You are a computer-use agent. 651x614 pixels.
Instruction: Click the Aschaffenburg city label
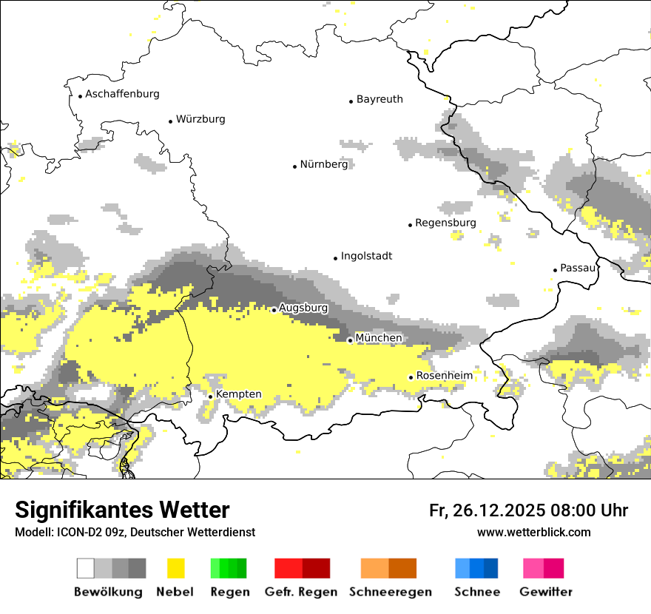[122, 94]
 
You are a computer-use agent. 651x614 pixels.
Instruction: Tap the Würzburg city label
[200, 119]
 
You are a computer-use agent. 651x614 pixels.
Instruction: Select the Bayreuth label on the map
[380, 99]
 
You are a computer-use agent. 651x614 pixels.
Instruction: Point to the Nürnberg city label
[323, 164]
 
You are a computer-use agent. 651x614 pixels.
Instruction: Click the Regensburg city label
[445, 223]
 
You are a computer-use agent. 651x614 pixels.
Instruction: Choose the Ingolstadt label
[366, 256]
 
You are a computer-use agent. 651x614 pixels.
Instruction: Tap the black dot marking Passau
[556, 270]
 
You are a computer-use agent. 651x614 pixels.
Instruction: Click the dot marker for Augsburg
[274, 310]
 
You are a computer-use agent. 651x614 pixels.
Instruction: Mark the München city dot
[350, 340]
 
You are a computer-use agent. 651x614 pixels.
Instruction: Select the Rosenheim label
[444, 376]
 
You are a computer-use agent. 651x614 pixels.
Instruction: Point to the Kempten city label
[238, 394]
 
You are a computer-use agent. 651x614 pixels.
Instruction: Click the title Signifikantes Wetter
[122, 510]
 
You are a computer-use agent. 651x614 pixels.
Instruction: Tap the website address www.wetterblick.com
[533, 533]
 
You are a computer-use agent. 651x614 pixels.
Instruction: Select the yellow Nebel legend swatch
[175, 568]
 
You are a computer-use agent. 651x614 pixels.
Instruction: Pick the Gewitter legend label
[545, 592]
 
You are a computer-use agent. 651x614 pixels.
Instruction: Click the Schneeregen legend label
[390, 592]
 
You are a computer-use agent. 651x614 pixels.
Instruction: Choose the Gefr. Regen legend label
[301, 592]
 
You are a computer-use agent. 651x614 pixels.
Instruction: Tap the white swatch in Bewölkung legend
[86, 568]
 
